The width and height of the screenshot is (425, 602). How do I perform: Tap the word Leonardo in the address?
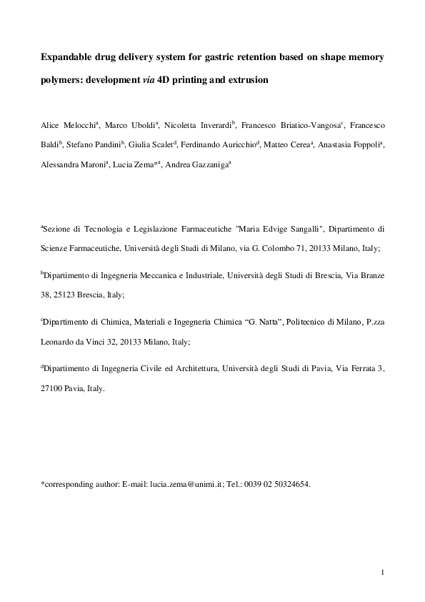[x=57, y=342]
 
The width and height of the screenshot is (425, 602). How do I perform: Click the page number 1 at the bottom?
[x=383, y=573]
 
